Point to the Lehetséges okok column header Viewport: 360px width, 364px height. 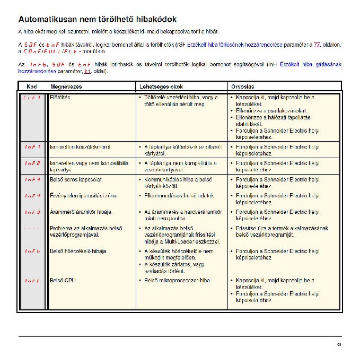[x=161, y=86]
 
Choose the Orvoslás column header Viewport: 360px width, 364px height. [x=243, y=86]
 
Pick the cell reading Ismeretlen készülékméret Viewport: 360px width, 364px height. [x=80, y=146]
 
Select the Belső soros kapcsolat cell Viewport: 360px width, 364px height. [x=75, y=179]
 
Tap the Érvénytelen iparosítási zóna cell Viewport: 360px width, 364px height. [x=83, y=196]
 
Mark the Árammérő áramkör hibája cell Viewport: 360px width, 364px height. [x=80, y=212]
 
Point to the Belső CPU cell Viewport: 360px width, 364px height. [x=63, y=280]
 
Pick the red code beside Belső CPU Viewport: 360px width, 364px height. [x=32, y=280]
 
